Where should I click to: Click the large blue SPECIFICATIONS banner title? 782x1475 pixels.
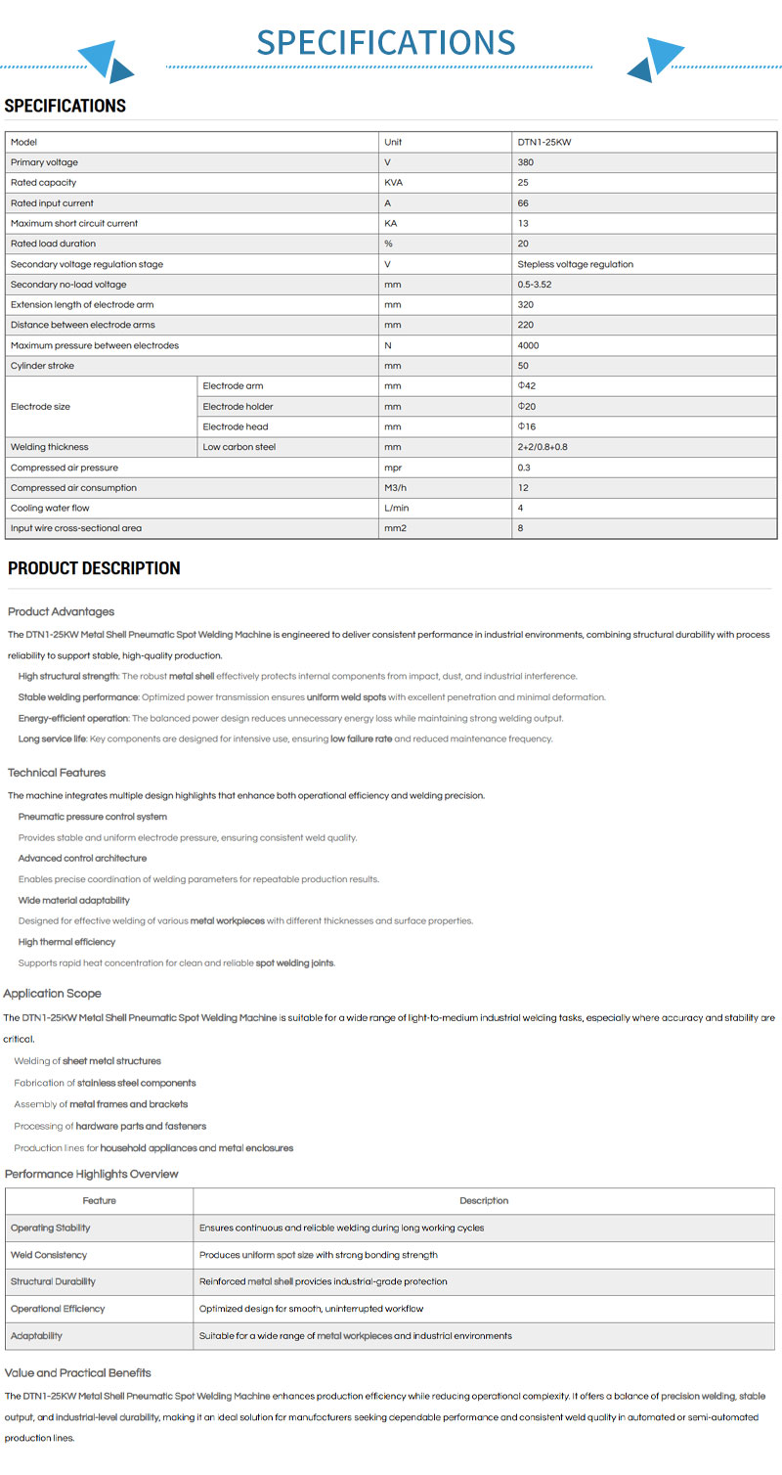[385, 42]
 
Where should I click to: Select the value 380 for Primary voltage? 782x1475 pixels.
[526, 162]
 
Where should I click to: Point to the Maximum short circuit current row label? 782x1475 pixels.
[74, 223]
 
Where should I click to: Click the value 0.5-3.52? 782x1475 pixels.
[538, 285]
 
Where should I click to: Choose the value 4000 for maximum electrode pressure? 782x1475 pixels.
[528, 345]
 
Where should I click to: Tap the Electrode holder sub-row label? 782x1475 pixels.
[238, 406]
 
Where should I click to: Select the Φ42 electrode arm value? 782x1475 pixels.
[527, 385]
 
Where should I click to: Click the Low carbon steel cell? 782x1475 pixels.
[239, 447]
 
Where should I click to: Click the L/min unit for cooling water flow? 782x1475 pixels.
[396, 508]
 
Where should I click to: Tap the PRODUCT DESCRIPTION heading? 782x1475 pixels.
[94, 568]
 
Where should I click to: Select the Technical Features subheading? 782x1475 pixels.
[57, 773]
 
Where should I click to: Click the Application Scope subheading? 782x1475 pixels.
[52, 994]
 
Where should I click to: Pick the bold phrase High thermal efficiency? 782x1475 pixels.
[66, 942]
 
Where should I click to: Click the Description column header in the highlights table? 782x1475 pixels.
[484, 1200]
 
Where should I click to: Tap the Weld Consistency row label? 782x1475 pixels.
[49, 1255]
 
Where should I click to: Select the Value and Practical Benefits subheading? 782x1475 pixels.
[78, 1373]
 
